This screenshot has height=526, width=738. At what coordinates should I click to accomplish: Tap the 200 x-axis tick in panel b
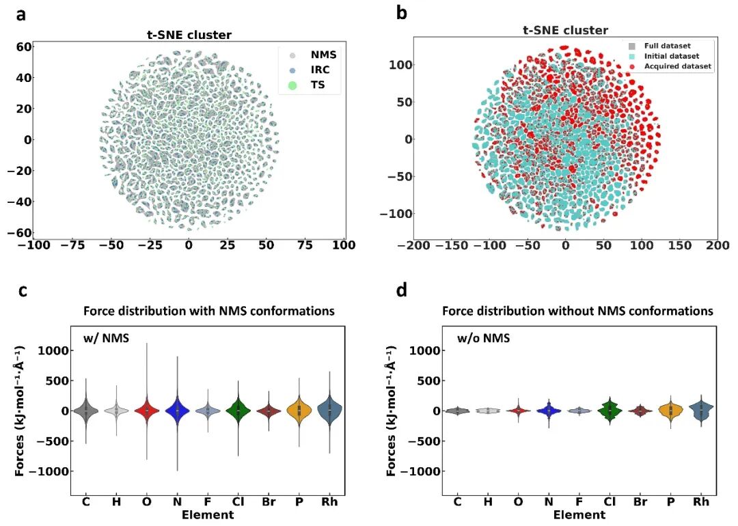click(715, 245)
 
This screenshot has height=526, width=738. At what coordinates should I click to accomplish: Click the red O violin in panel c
click(146, 411)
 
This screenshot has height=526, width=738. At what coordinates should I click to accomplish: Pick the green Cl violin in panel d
click(610, 410)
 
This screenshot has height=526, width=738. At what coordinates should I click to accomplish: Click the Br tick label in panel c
click(268, 502)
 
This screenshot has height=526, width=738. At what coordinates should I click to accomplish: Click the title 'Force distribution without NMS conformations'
click(577, 311)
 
